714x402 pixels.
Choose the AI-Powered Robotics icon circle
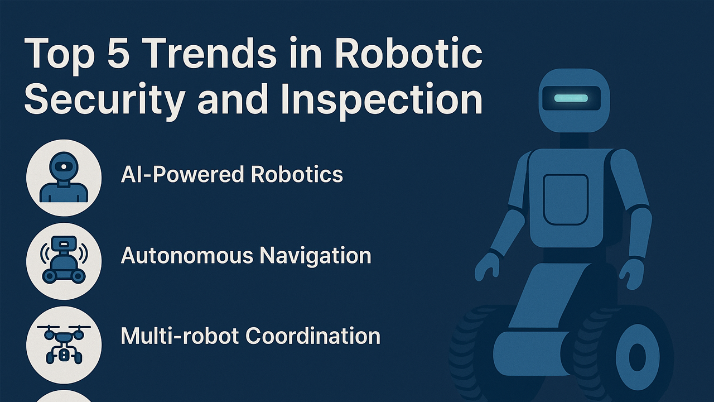pyautogui.click(x=64, y=177)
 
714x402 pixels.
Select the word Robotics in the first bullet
pyautogui.click(x=297, y=175)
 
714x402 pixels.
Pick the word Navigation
pyautogui.click(x=316, y=256)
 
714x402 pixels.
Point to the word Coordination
pyautogui.click(x=313, y=336)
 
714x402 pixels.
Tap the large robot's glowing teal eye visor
pyautogui.click(x=571, y=98)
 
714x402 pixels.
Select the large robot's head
pyautogui.click(x=573, y=100)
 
